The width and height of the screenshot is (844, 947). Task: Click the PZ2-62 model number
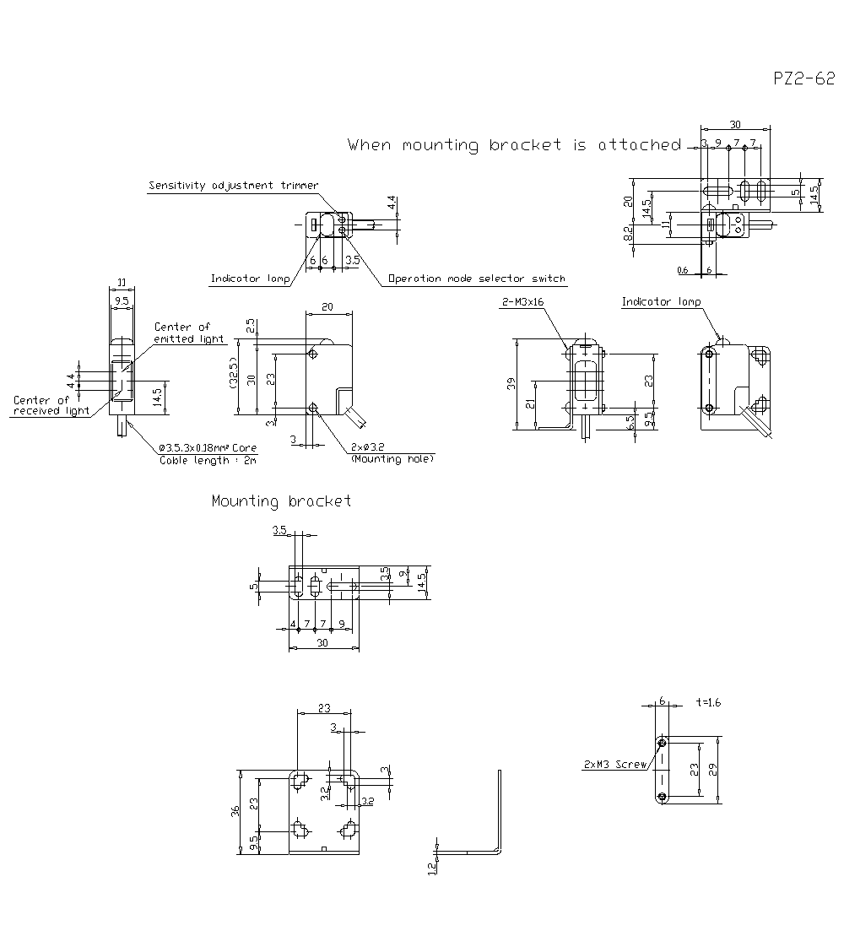click(x=803, y=78)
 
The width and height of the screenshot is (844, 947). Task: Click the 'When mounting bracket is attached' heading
click(x=514, y=145)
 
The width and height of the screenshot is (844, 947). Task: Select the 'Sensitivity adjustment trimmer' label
click(x=233, y=186)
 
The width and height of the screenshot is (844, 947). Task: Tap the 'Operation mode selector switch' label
click(x=476, y=279)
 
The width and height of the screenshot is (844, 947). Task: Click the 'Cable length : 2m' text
click(x=208, y=460)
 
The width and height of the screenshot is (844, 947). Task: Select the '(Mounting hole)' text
click(x=392, y=458)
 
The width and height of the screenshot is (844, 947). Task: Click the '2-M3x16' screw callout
click(x=523, y=301)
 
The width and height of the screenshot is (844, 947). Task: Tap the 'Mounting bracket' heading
click(x=281, y=501)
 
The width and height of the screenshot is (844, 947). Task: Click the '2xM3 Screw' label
click(x=614, y=765)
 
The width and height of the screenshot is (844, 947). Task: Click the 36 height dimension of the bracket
click(x=235, y=810)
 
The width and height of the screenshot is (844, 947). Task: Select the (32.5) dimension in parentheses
click(x=232, y=376)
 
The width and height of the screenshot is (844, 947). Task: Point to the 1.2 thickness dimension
click(x=432, y=866)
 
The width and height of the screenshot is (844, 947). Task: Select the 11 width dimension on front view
click(x=122, y=282)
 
